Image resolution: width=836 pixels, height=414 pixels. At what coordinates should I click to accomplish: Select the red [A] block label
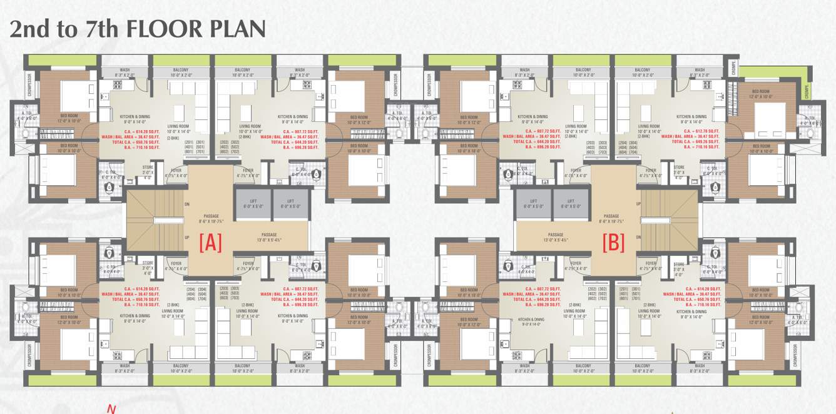pos(210,243)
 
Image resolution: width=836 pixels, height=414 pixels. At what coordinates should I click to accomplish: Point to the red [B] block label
pos(613,243)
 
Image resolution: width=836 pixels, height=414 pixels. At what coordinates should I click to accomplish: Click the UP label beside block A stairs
pos(187,238)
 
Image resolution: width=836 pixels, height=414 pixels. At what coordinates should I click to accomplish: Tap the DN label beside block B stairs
pos(638,238)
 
